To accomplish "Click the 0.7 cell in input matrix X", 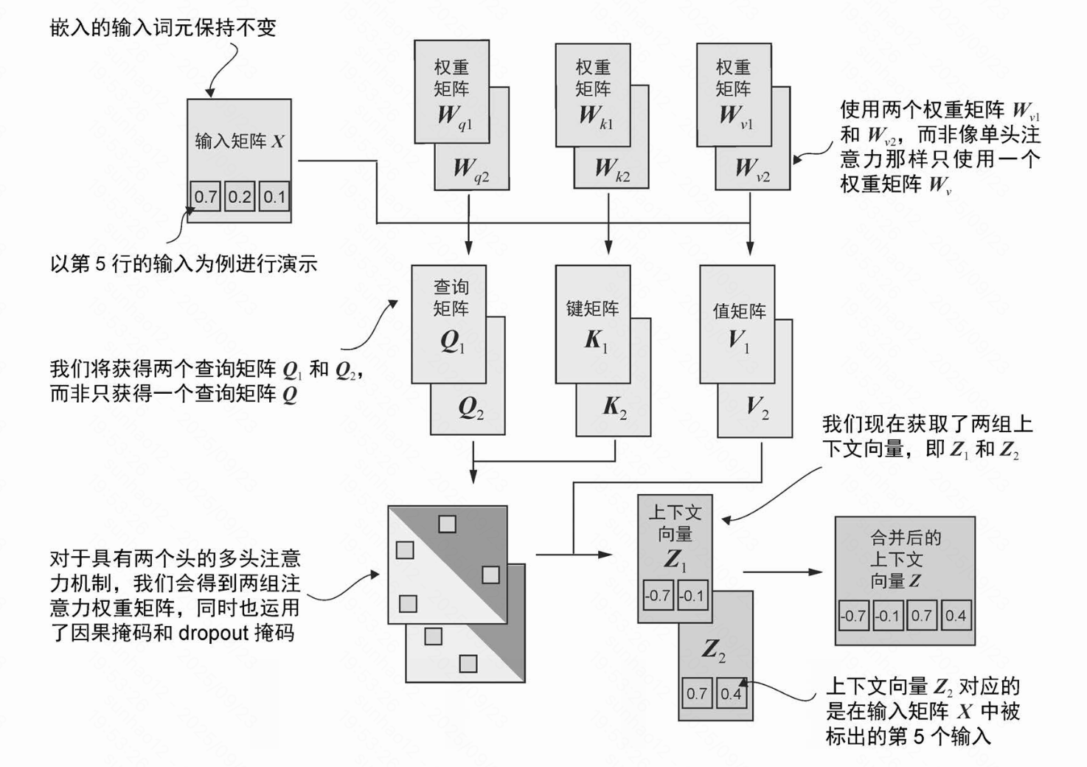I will (x=206, y=197).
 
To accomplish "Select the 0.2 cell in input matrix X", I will (x=240, y=197).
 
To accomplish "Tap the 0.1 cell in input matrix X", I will (x=274, y=197).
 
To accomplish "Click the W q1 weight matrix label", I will (x=454, y=117).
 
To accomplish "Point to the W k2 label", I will (x=612, y=170).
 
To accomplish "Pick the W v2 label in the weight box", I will (x=752, y=170).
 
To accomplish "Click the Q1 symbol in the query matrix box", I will (x=452, y=341).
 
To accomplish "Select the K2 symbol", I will (x=615, y=406).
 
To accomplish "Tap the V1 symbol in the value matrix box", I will (x=738, y=341).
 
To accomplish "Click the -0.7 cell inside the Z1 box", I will (x=657, y=595).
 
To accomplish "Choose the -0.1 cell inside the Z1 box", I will (x=692, y=595).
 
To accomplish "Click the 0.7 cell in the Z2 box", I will (x=697, y=693).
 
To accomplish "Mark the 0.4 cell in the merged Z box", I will (x=956, y=615).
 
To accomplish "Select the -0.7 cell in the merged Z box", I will (x=854, y=615).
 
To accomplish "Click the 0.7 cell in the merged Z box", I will (x=921, y=615).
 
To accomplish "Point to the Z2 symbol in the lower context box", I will (x=713, y=650).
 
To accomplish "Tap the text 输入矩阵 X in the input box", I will (x=239, y=141).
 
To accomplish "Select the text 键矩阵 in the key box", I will (x=592, y=308).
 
